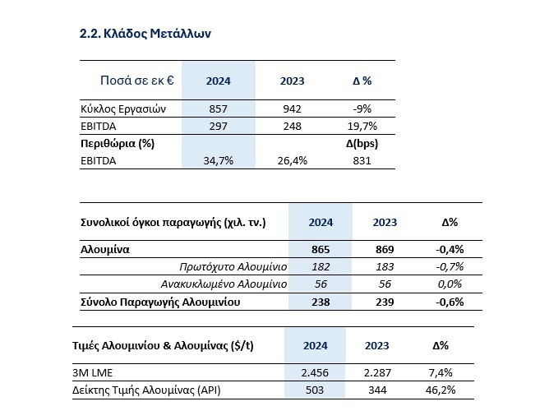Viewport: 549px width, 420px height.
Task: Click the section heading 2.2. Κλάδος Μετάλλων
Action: [145, 34]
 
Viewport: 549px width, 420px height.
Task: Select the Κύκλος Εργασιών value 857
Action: [218, 109]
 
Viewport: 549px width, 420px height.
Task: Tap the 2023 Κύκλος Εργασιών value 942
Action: [292, 109]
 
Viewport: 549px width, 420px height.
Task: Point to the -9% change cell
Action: [362, 109]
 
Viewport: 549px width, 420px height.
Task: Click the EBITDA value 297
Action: [218, 126]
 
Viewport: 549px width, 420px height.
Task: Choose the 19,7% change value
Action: [362, 126]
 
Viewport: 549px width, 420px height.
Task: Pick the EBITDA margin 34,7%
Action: [218, 161]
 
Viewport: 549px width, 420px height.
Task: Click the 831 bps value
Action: [362, 161]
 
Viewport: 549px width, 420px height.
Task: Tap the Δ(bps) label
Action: [362, 144]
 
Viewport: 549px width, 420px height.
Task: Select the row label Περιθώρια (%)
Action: [118, 144]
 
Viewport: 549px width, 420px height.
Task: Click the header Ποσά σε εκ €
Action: [137, 81]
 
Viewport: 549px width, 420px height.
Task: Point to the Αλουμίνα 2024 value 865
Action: [321, 249]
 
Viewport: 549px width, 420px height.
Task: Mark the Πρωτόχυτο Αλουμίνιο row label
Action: [233, 267]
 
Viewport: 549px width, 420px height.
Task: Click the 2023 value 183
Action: [385, 267]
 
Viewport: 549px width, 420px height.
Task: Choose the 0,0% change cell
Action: [450, 284]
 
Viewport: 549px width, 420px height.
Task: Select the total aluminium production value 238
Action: [321, 302]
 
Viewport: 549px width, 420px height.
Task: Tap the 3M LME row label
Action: [92, 372]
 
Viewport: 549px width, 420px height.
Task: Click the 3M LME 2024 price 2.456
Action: [315, 372]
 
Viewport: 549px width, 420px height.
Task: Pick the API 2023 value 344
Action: [377, 390]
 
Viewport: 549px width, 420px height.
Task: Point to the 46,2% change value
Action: [441, 390]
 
